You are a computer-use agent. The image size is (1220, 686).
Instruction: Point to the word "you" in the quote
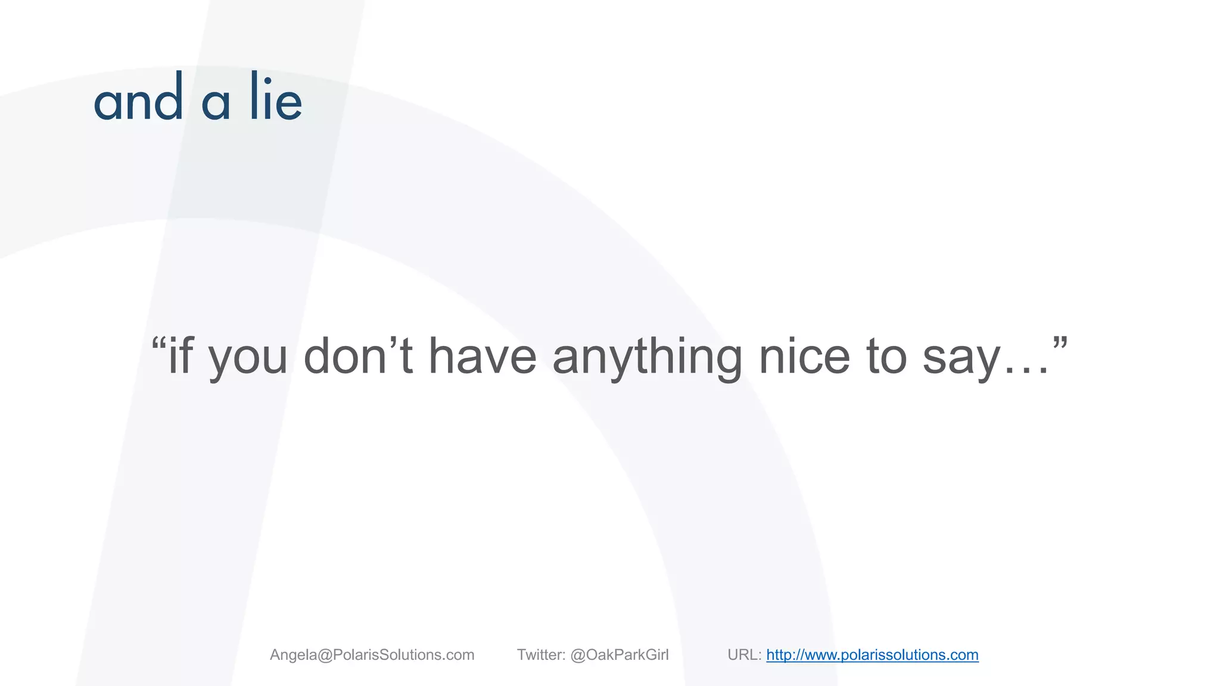tap(248, 360)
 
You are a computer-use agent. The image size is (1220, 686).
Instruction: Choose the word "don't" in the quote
tap(358, 356)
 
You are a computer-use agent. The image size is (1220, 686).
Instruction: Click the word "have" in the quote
tap(483, 356)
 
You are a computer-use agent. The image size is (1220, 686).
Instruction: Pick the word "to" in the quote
tap(886, 357)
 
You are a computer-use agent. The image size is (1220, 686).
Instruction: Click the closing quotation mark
tap(1060, 344)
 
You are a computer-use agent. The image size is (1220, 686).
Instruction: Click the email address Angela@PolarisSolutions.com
tap(372, 655)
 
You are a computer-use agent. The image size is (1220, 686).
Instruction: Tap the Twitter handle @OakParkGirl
tap(620, 655)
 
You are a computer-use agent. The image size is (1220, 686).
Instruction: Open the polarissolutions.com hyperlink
tap(872, 655)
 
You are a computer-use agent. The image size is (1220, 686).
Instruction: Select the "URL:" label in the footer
tap(744, 655)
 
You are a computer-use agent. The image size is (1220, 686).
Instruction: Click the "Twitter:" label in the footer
tap(541, 655)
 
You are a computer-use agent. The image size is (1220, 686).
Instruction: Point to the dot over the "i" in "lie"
tap(268, 80)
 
